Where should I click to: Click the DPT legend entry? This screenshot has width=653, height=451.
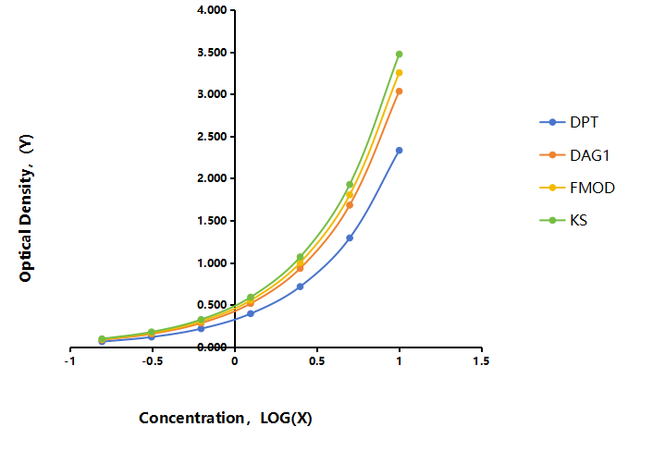click(569, 122)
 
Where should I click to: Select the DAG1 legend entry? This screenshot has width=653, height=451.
click(574, 155)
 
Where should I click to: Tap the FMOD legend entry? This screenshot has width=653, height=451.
click(577, 188)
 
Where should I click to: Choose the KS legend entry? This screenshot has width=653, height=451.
click(563, 220)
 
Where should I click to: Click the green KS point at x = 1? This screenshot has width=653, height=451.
click(399, 55)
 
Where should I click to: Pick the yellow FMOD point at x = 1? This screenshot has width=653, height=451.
click(399, 73)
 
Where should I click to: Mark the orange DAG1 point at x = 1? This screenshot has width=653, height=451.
click(399, 91)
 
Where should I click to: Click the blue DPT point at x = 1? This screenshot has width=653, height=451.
click(399, 151)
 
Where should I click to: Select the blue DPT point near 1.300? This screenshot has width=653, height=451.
click(350, 238)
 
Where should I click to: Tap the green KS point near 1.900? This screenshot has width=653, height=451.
click(350, 184)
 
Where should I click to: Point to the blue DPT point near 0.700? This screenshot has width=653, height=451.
click(300, 286)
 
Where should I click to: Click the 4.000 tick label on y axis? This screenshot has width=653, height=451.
click(212, 10)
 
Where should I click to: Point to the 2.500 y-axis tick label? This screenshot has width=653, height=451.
click(212, 137)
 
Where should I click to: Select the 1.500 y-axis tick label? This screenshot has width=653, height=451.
click(212, 221)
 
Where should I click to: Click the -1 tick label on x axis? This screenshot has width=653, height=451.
click(69, 361)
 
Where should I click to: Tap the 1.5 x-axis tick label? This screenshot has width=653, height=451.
click(481, 361)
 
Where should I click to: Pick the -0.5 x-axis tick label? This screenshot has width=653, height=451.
click(152, 361)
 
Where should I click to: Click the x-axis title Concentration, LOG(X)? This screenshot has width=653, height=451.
click(226, 418)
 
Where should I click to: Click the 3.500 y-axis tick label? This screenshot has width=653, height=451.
click(212, 53)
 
